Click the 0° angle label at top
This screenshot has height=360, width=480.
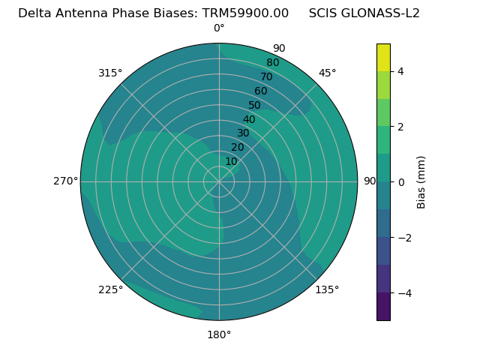[219, 28]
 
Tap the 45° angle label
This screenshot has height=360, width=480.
[327, 73]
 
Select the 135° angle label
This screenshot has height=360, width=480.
[327, 289]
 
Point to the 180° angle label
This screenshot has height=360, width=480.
[219, 334]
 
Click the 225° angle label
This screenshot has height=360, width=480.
[110, 289]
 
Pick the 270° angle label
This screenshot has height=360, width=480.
[65, 181]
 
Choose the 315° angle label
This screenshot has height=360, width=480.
[110, 73]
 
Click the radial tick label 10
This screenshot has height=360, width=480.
[231, 161]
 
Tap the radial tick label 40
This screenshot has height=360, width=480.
[249, 120]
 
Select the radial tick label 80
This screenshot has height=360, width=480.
[272, 63]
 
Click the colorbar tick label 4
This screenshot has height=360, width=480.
[401, 71]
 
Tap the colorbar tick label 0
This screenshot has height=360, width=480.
[401, 181]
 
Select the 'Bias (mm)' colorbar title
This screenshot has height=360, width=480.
[421, 181]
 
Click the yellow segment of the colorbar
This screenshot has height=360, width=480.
[383, 57]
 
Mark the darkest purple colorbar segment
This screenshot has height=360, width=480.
[383, 306]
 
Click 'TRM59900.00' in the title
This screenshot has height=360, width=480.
[245, 13]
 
